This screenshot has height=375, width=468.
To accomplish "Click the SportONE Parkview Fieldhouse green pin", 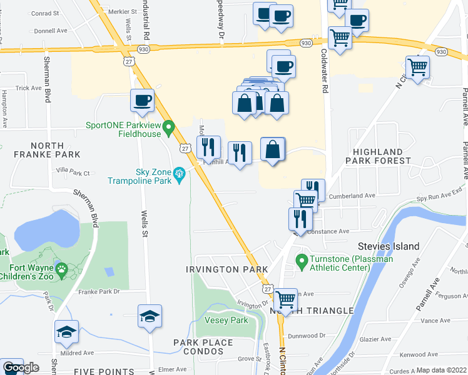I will point(168,129).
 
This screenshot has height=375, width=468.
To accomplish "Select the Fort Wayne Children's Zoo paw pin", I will point(62,270).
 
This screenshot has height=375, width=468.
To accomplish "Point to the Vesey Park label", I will point(226,320).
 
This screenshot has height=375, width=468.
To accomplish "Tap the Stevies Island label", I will point(388,246).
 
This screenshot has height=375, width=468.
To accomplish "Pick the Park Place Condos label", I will point(203,347).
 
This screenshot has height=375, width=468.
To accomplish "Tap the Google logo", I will point(20,368).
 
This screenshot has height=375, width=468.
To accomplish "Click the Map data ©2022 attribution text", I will point(442,371).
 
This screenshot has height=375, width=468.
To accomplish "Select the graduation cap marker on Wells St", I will point(150,317).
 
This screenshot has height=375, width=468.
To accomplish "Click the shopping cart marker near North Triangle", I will point(286,299).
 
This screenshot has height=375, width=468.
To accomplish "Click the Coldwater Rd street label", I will point(325,72).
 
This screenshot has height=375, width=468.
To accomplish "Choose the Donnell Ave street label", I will point(51,30).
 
